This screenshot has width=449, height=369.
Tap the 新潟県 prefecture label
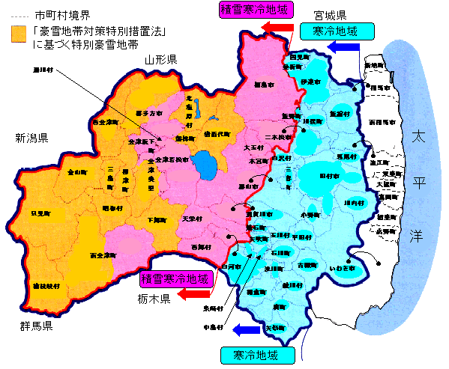(31, 138)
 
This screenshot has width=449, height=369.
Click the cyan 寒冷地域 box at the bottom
(254, 354)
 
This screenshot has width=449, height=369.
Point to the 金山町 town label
(77, 172)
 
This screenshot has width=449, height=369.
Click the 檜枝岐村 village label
(46, 286)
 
